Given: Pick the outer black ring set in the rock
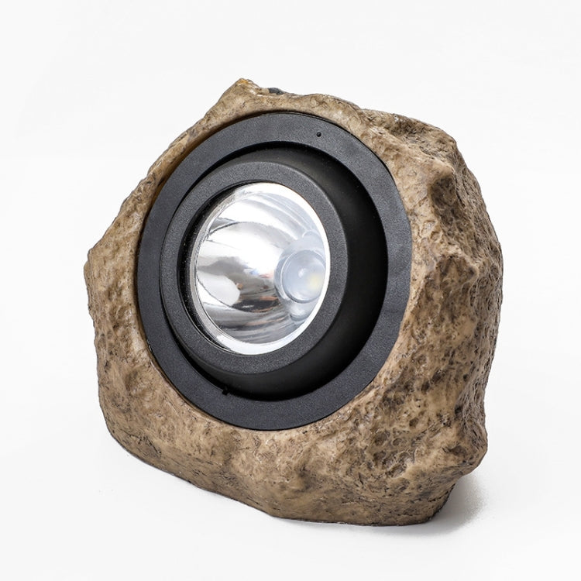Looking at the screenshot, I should tap(151, 256).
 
